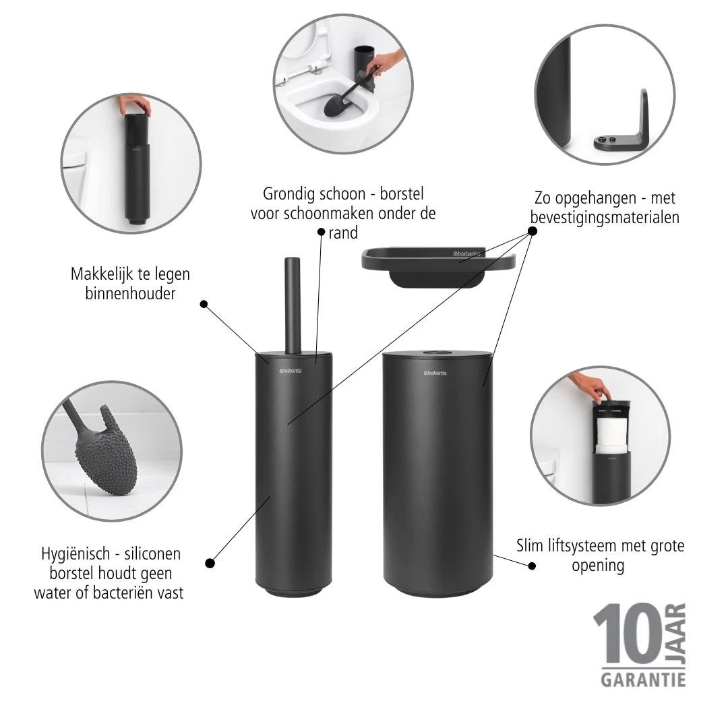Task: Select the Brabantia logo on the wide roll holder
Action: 439,372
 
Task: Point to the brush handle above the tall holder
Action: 293,303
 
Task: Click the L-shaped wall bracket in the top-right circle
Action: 624,128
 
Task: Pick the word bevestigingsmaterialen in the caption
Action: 605,218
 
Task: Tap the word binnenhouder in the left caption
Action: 130,293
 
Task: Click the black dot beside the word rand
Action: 322,231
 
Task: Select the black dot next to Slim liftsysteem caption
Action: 531,566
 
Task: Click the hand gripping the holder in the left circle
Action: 135,104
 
